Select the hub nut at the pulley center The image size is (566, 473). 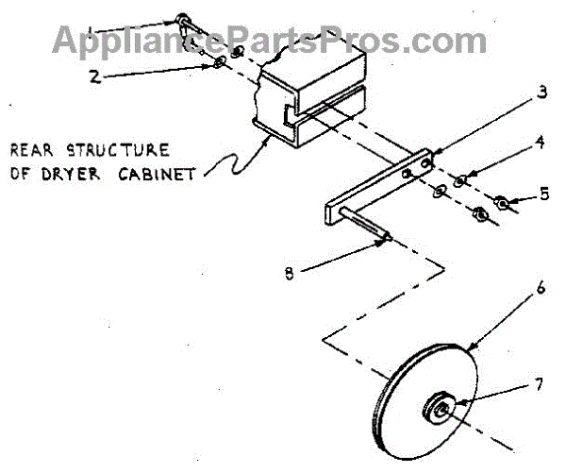click(x=441, y=407)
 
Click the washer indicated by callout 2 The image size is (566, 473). click(x=218, y=62)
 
